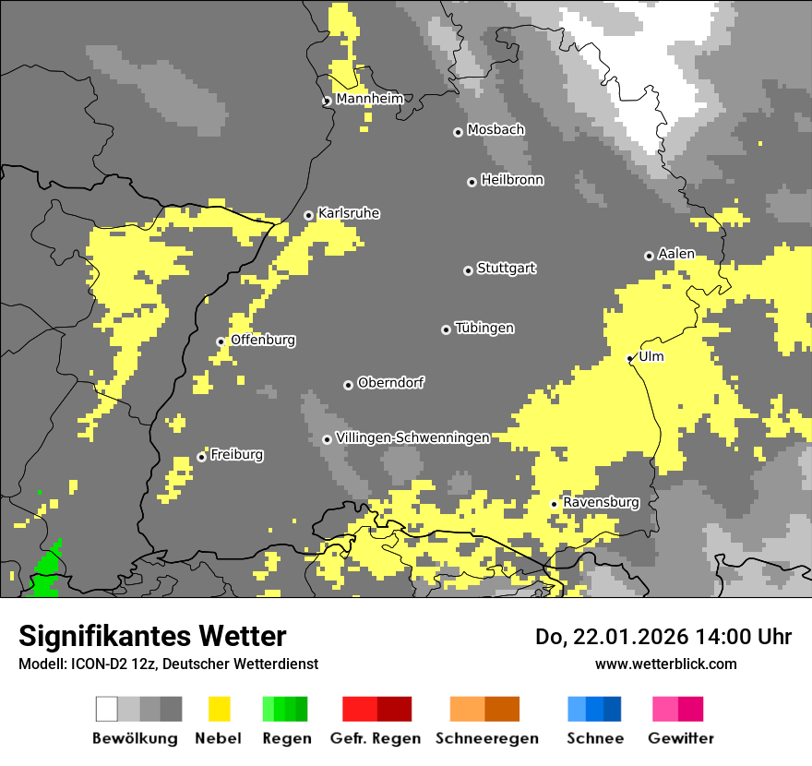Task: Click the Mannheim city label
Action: pyautogui.click(x=369, y=99)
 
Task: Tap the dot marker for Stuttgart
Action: pyautogui.click(x=468, y=270)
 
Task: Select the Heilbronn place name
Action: pyautogui.click(x=512, y=180)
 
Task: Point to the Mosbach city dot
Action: pyautogui.click(x=458, y=132)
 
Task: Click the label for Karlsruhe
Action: pyautogui.click(x=349, y=213)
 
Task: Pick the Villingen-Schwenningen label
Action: pyautogui.click(x=412, y=437)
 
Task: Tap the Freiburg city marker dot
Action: pyautogui.click(x=201, y=457)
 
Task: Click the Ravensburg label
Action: pyautogui.click(x=601, y=502)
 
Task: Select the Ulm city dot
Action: pyautogui.click(x=630, y=358)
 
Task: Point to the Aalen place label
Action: pyautogui.click(x=676, y=254)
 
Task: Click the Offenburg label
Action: pyautogui.click(x=263, y=340)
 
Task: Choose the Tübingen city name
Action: pyautogui.click(x=484, y=328)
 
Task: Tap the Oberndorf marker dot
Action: pyautogui.click(x=348, y=385)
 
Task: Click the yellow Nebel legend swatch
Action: pyautogui.click(x=219, y=709)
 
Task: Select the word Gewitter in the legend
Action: pyautogui.click(x=681, y=738)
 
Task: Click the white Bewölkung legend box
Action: pyautogui.click(x=107, y=709)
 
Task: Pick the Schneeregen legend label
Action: pyautogui.click(x=487, y=738)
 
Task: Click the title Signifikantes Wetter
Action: pyautogui.click(x=152, y=636)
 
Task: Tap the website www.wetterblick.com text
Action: pyautogui.click(x=665, y=664)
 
